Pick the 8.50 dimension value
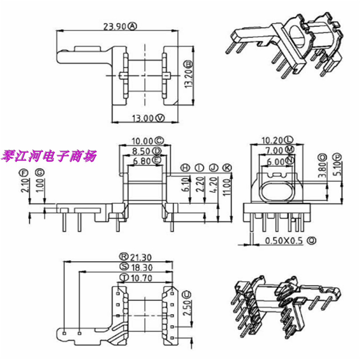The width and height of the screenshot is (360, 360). click(x=142, y=150)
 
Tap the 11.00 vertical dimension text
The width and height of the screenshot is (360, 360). click(x=226, y=186)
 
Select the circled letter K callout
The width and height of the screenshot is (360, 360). click(x=226, y=167)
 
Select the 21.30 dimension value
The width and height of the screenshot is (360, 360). click(x=141, y=257)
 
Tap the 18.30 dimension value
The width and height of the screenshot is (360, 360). click(x=141, y=267)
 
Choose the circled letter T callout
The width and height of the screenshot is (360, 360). click(x=125, y=278)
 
